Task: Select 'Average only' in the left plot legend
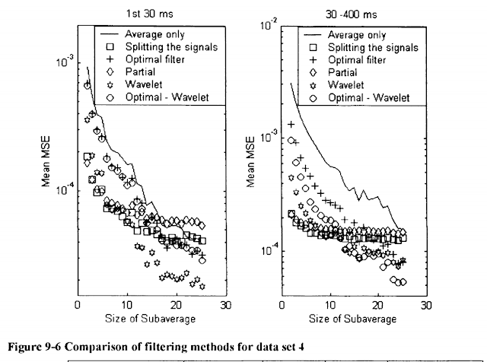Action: click(147, 34)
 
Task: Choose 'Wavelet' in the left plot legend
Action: click(137, 85)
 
